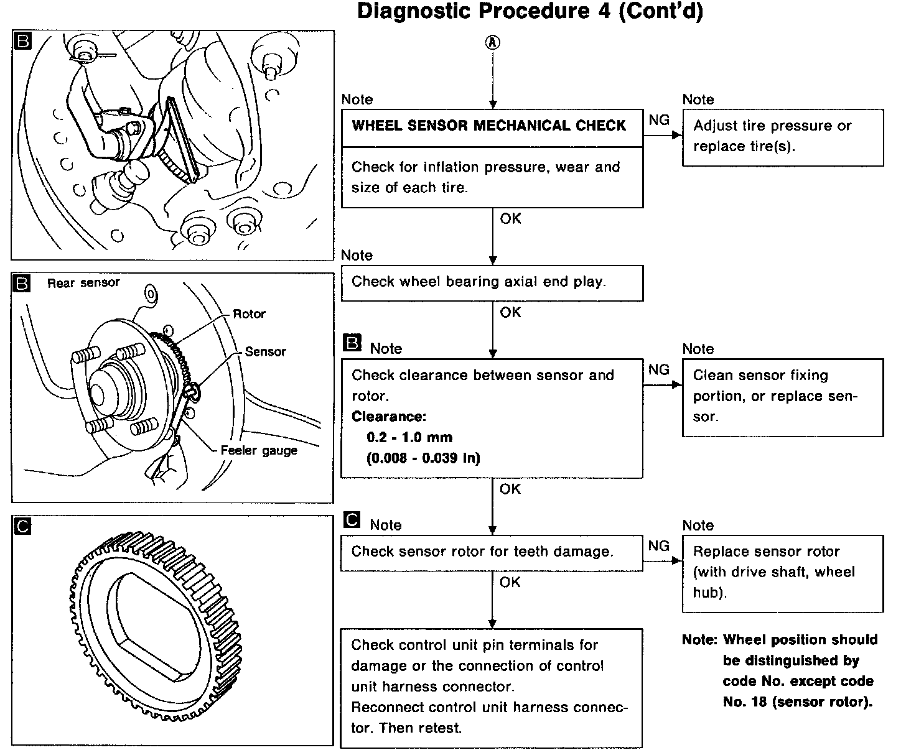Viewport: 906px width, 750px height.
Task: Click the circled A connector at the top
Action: [x=492, y=42]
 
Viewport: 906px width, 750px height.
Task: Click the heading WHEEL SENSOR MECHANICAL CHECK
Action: [x=488, y=126]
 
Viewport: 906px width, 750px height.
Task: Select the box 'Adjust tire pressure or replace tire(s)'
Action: [x=782, y=137]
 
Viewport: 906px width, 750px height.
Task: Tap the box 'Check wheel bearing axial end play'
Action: [x=492, y=283]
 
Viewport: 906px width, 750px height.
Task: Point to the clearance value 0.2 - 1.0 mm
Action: [x=409, y=437]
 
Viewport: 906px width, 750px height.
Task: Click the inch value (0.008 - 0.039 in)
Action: [x=423, y=458]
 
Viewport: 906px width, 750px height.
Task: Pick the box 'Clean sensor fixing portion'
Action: [x=782, y=397]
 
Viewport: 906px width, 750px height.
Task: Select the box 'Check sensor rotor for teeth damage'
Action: [x=491, y=552]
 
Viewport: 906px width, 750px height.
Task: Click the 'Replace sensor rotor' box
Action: [x=782, y=572]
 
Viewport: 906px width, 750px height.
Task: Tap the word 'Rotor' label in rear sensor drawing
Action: [x=249, y=314]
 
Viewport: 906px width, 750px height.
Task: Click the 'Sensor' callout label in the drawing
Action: [x=265, y=351]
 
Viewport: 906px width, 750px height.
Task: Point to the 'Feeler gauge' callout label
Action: [x=259, y=450]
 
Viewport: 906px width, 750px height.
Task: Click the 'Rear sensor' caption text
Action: [x=83, y=283]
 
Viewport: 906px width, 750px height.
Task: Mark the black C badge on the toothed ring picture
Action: [x=22, y=526]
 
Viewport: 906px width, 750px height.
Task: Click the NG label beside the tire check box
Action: [x=659, y=119]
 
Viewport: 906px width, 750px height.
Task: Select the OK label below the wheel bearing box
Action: [x=510, y=312]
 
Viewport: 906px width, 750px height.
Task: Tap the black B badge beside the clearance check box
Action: [x=352, y=343]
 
